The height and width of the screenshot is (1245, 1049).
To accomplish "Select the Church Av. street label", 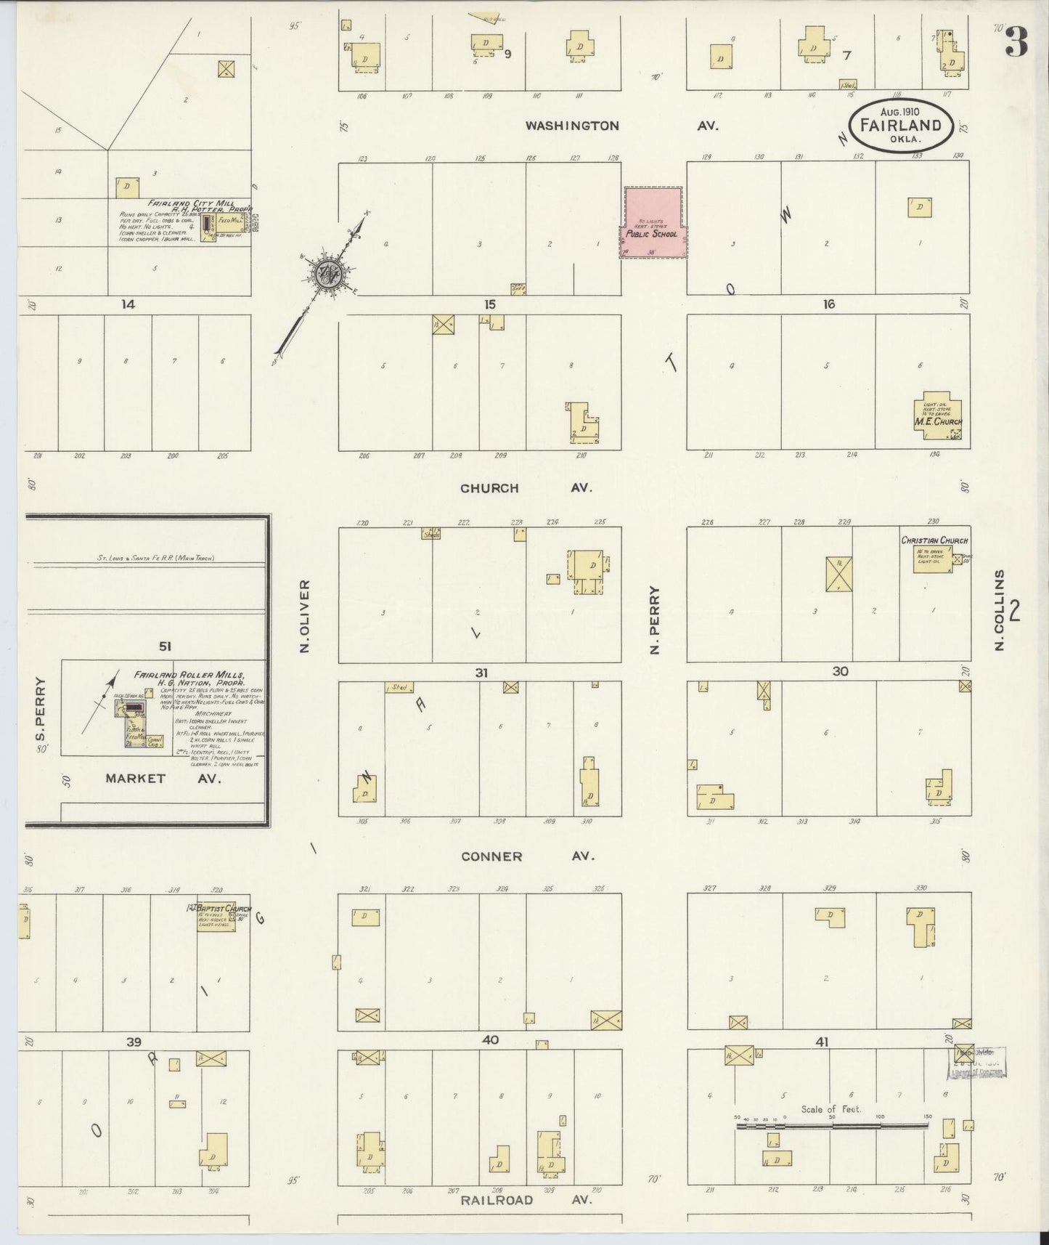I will [526, 488].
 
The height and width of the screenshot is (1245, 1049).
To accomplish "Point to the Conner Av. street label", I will [528, 856].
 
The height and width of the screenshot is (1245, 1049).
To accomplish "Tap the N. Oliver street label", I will [306, 615].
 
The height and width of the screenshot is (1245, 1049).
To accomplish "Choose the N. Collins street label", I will [1000, 610].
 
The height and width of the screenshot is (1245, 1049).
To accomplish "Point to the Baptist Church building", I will [216, 917].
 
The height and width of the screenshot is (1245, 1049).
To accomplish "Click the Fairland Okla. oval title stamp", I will [900, 125].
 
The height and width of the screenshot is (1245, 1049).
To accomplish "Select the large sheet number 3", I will [1017, 44].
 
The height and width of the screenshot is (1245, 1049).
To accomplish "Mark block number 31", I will [481, 673].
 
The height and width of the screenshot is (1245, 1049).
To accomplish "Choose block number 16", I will [828, 304].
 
